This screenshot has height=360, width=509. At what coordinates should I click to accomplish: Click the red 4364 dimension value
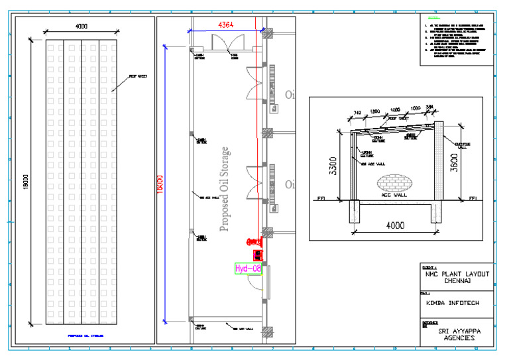pyautogui.click(x=227, y=25)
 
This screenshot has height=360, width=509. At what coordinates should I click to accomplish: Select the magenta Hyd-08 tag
pyautogui.click(x=248, y=269)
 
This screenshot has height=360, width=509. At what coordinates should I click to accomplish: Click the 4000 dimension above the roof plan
pyautogui.click(x=80, y=26)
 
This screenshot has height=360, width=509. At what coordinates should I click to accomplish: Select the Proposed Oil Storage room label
pyautogui.click(x=225, y=190)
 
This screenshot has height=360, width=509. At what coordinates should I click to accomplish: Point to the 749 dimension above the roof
pyautogui.click(x=358, y=114)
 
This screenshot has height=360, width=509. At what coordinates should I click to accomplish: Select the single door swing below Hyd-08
pyautogui.click(x=254, y=284)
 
